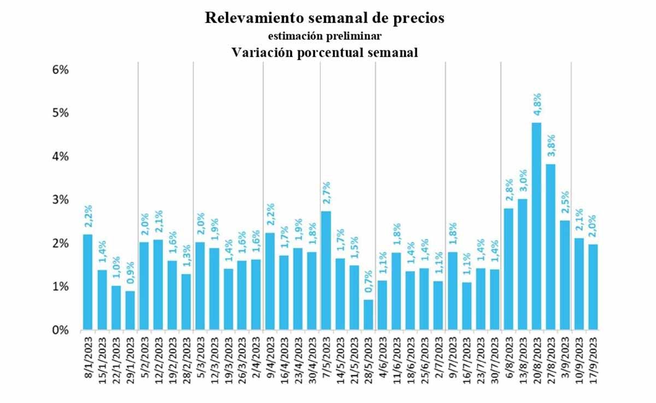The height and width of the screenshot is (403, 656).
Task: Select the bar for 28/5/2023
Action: (x=368, y=315)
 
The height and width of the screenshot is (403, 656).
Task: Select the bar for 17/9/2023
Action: (x=592, y=287)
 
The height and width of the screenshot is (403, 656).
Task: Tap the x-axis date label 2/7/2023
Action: (x=438, y=361)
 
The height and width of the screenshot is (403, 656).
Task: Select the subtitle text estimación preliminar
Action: (x=324, y=36)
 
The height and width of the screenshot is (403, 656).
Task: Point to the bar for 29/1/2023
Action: (x=130, y=311)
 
